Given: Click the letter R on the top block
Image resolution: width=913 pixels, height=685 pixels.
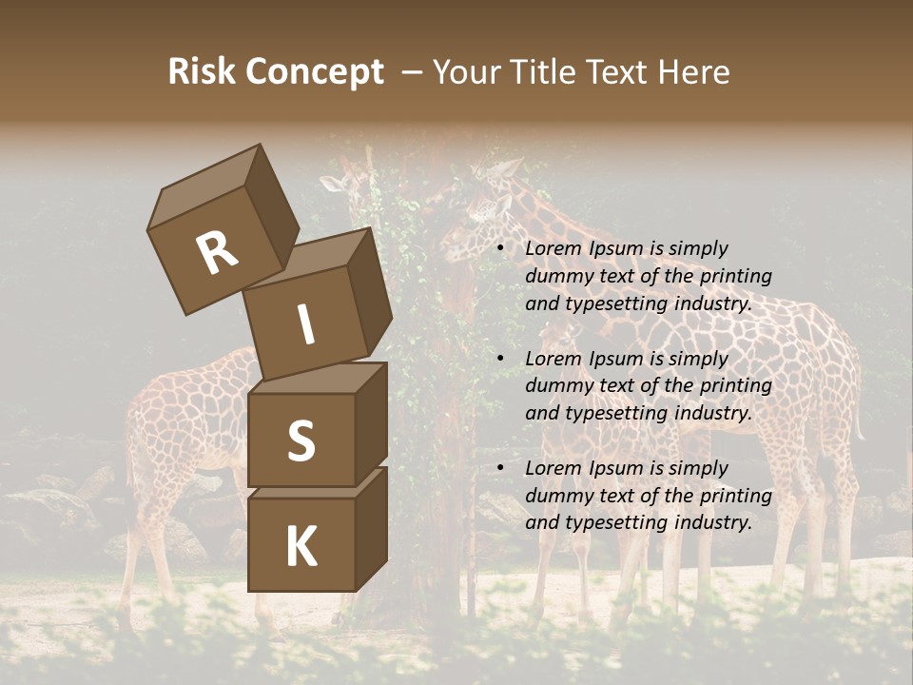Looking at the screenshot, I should click(x=218, y=253).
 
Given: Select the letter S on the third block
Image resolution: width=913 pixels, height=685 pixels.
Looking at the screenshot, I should click(x=301, y=440).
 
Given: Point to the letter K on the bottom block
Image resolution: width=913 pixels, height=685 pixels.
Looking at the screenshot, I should click(x=301, y=547).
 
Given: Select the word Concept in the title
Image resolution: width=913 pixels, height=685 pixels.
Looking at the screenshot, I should click(x=315, y=73).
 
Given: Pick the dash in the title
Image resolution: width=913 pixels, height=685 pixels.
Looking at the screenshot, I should click(x=412, y=73).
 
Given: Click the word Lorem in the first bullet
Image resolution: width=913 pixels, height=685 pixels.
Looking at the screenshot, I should click(x=553, y=248).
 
